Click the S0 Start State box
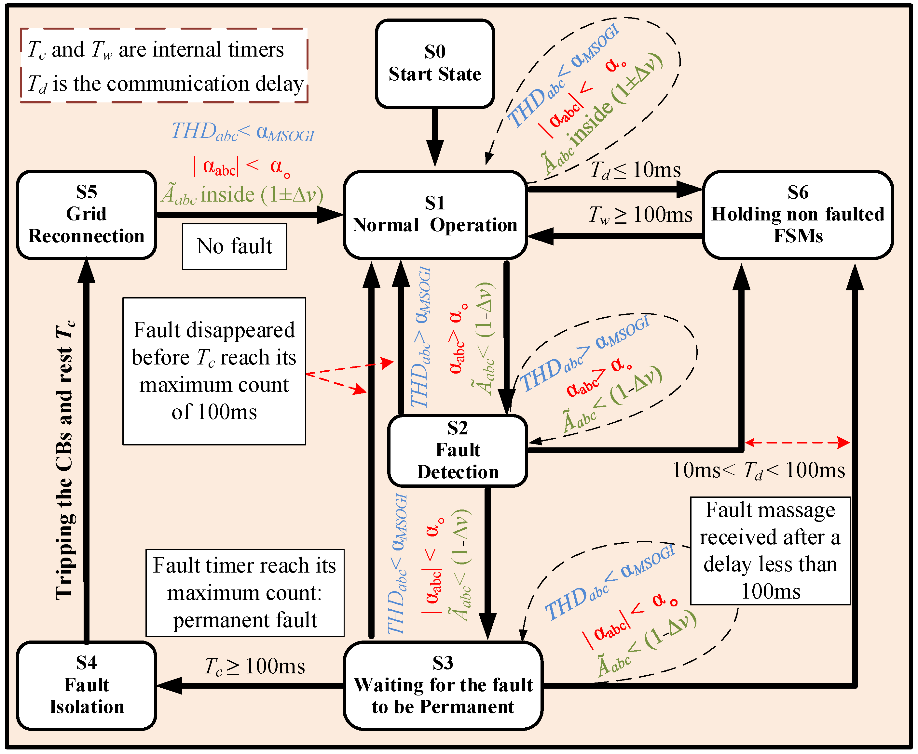435,63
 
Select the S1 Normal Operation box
435,215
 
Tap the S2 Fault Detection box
457,450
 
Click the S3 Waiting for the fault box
443,685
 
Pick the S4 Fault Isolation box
87,685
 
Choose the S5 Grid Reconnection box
87,215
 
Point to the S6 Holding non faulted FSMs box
798,215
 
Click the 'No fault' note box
234,246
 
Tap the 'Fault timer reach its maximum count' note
245,593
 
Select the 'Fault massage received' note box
770,551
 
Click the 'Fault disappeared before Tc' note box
214,371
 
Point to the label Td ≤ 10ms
635,170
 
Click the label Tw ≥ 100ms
640,215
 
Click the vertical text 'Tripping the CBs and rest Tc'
65,460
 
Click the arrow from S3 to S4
250,686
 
